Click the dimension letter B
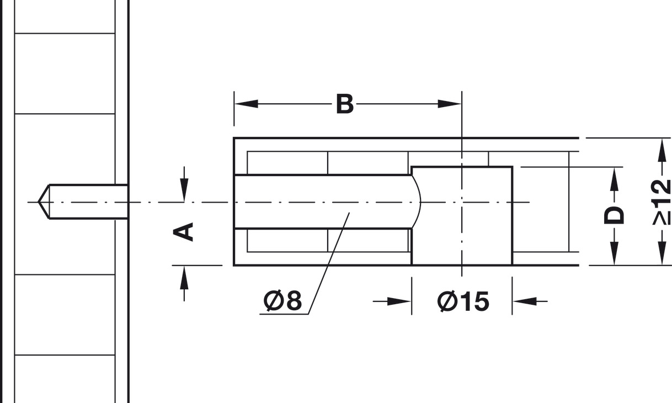point(345,104)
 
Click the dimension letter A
point(183,232)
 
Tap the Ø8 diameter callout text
point(282,300)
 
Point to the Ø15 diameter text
point(463,301)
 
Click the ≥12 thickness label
point(661,202)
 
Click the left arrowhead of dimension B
point(246,104)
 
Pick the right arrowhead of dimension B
point(450,104)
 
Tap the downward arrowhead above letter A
point(184,190)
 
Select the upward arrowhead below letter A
point(184,278)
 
